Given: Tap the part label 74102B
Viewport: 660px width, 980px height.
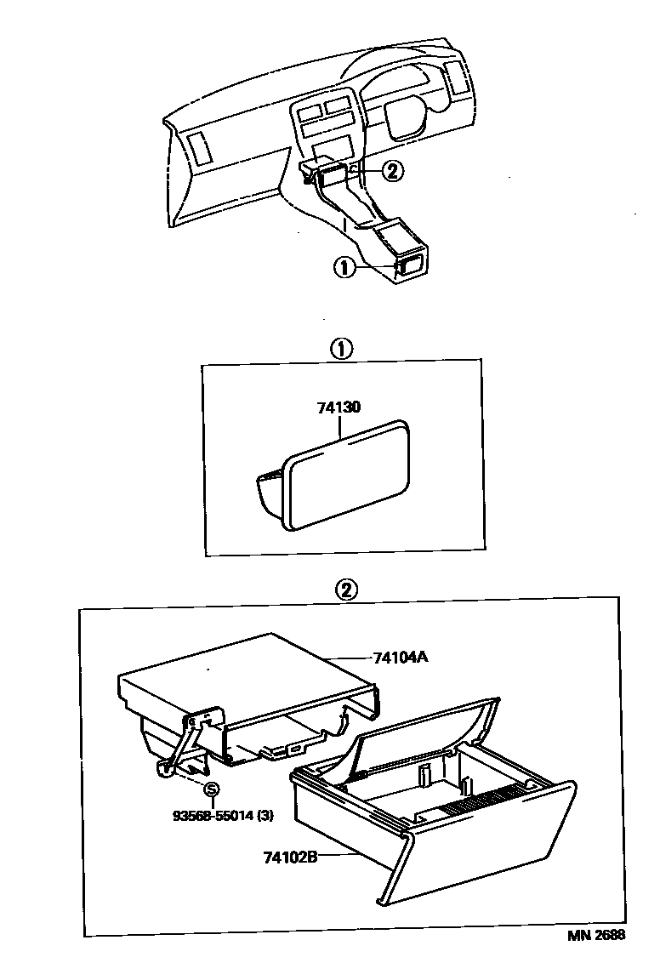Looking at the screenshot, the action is [x=285, y=856].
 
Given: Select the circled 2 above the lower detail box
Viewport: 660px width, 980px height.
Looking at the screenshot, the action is [x=347, y=590].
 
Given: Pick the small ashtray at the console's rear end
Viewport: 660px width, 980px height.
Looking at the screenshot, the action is [x=410, y=266].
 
